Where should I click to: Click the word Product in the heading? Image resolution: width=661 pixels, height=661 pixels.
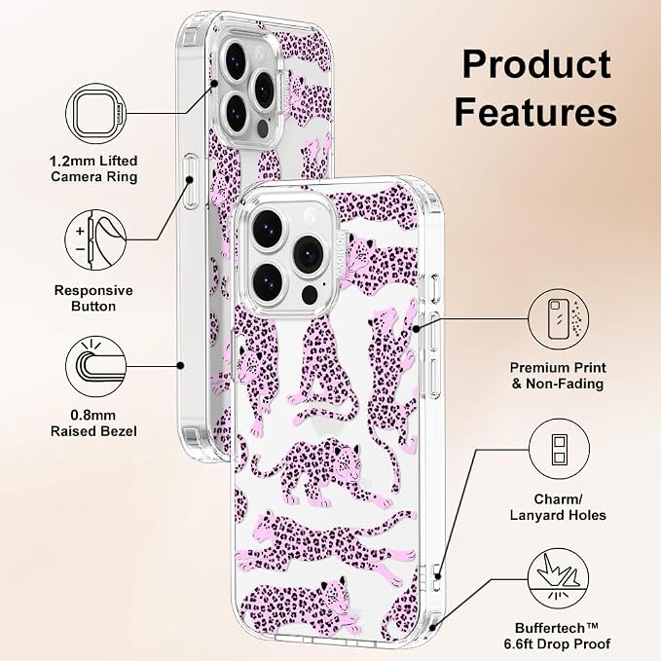[x=536, y=64]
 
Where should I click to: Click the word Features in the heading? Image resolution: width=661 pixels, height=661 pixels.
[x=535, y=111]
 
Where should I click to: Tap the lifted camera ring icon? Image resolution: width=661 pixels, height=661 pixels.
[x=96, y=114]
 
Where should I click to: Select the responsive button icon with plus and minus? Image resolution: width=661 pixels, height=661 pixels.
[x=95, y=240]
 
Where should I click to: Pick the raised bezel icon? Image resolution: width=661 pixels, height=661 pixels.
[x=96, y=366]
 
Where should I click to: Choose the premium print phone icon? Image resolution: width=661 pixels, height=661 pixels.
[x=559, y=319]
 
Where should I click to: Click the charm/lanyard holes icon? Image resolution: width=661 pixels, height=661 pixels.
[x=559, y=449]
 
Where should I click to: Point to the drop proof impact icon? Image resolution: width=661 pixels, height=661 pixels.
[x=559, y=578]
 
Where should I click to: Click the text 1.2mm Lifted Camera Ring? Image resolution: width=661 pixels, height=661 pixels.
[x=93, y=168]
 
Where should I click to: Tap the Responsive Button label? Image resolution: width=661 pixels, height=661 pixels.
[x=93, y=298]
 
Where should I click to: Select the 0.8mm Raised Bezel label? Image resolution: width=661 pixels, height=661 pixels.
[x=93, y=423]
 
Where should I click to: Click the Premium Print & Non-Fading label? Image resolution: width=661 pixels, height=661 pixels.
[x=558, y=376]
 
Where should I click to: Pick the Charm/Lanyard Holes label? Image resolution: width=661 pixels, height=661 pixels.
[x=558, y=507]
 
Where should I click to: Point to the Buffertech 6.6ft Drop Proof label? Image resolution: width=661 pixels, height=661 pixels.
[x=557, y=636]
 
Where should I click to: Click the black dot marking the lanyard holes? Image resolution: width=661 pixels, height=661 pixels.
[x=438, y=576]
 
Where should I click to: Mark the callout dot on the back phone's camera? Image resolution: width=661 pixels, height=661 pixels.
[x=214, y=84]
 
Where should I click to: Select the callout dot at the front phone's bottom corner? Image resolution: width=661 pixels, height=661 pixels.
[x=431, y=628]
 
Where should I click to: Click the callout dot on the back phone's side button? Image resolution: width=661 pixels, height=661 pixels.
[x=190, y=180]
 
